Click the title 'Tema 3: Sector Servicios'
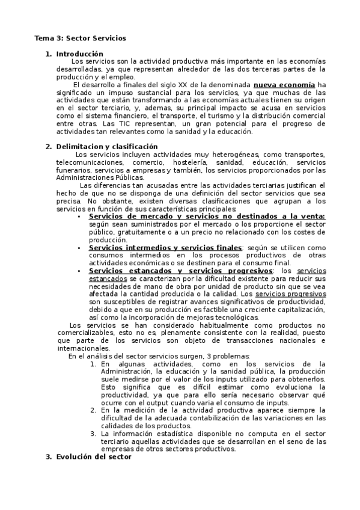(80, 38)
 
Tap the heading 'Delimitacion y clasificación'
(106, 146)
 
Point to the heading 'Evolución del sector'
(93, 457)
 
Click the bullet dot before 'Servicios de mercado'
(79, 217)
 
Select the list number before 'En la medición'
(93, 410)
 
